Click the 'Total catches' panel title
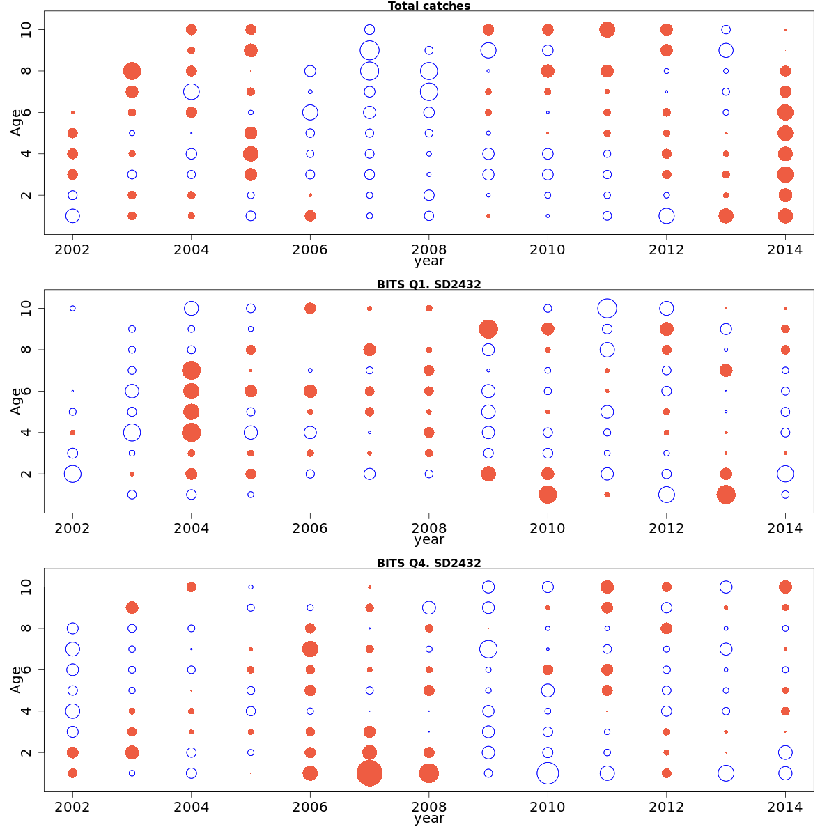[428, 6]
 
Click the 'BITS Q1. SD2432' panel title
[428, 284]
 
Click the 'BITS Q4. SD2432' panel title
[428, 563]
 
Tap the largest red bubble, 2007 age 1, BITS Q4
[369, 773]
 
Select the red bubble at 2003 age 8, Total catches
[132, 71]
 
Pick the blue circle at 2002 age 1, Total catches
[72, 216]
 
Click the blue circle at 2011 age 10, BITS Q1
[607, 308]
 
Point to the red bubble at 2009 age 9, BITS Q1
[488, 329]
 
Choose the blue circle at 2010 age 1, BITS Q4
[548, 773]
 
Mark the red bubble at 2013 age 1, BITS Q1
[726, 495]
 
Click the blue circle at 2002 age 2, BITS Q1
[72, 474]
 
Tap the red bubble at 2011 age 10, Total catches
[607, 30]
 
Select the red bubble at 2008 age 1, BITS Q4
[429, 773]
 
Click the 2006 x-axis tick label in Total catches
[310, 250]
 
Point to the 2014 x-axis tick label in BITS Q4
[785, 807]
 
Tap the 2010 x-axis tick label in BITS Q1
[548, 529]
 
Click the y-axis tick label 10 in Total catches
[27, 30]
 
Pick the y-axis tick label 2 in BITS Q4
[27, 752]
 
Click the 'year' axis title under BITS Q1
[428, 540]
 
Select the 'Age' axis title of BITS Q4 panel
[16, 680]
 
